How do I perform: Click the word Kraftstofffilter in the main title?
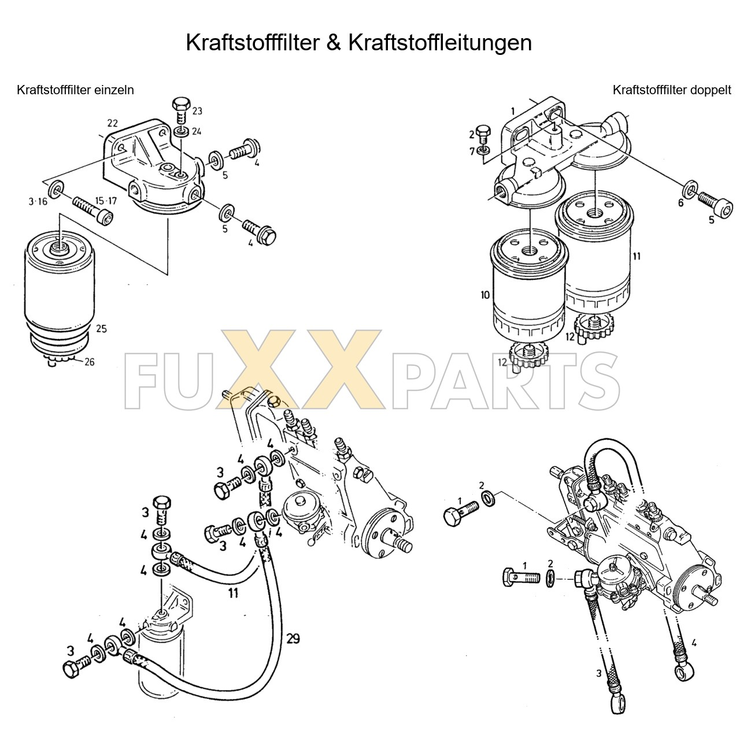pyautogui.click(x=252, y=43)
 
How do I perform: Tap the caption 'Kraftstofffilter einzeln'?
pyautogui.click(x=75, y=90)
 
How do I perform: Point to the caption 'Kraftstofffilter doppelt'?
pyautogui.click(x=672, y=90)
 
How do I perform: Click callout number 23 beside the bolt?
pyautogui.click(x=197, y=111)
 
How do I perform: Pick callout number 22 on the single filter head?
pyautogui.click(x=112, y=123)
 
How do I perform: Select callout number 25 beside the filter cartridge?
pyautogui.click(x=101, y=329)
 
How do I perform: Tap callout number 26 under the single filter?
pyautogui.click(x=89, y=362)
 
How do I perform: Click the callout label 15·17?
pyautogui.click(x=106, y=201)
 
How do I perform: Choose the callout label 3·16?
pyautogui.click(x=38, y=201)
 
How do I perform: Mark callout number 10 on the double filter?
pyautogui.click(x=484, y=295)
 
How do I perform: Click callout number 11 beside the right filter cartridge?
pyautogui.click(x=636, y=256)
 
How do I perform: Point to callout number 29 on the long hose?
pyautogui.click(x=293, y=638)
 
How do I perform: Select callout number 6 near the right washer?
pyautogui.click(x=680, y=202)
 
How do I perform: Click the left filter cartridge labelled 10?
pyautogui.click(x=528, y=289)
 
